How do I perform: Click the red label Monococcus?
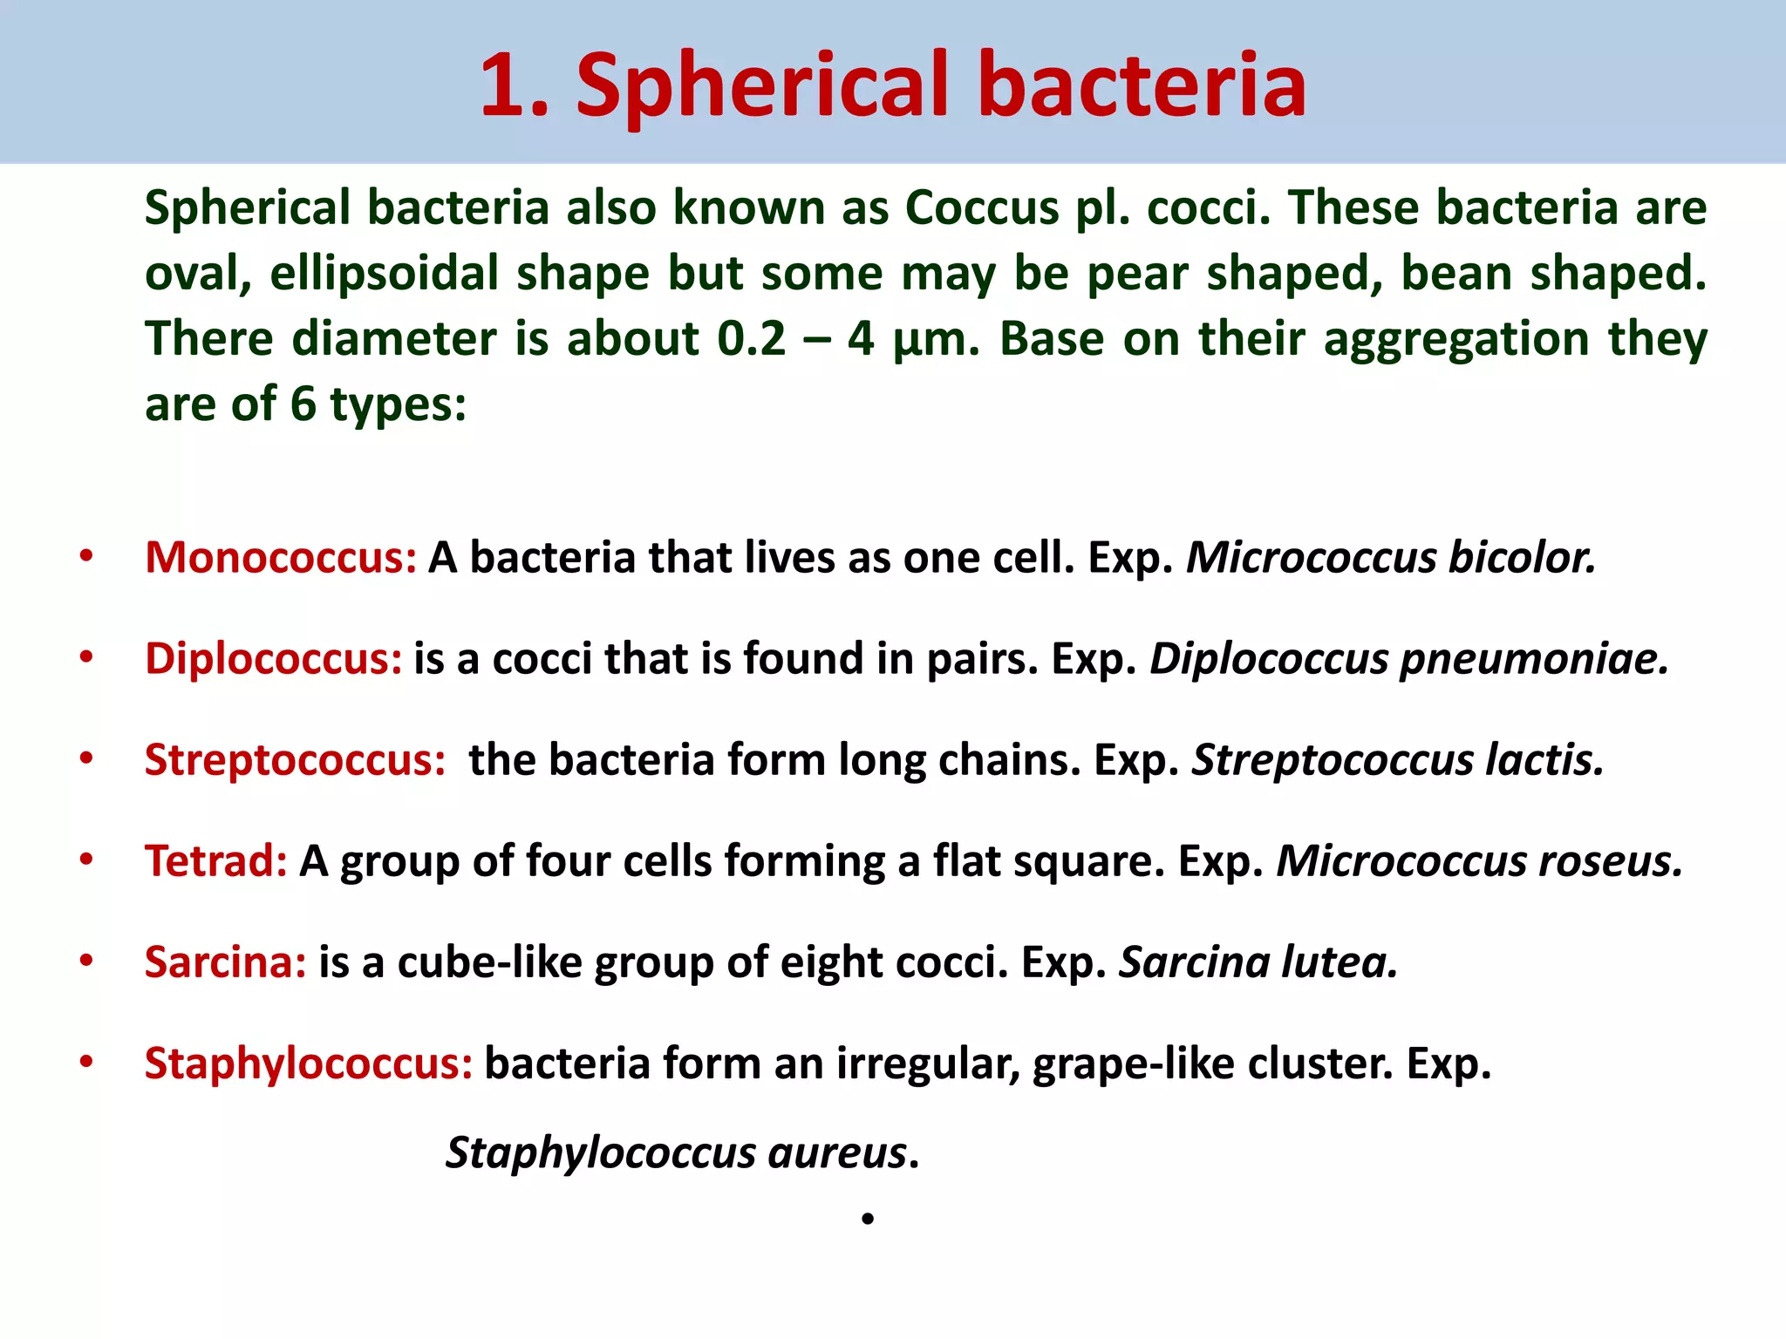coord(281,558)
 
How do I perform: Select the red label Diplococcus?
coord(274,659)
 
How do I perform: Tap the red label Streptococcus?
coord(295,760)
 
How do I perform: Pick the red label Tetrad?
coord(216,861)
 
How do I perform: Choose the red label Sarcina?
coord(226,962)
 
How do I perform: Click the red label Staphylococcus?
coord(309,1064)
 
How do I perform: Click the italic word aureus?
coord(837,1153)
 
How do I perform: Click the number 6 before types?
coord(303,404)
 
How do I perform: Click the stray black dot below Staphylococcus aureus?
coord(867,1219)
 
